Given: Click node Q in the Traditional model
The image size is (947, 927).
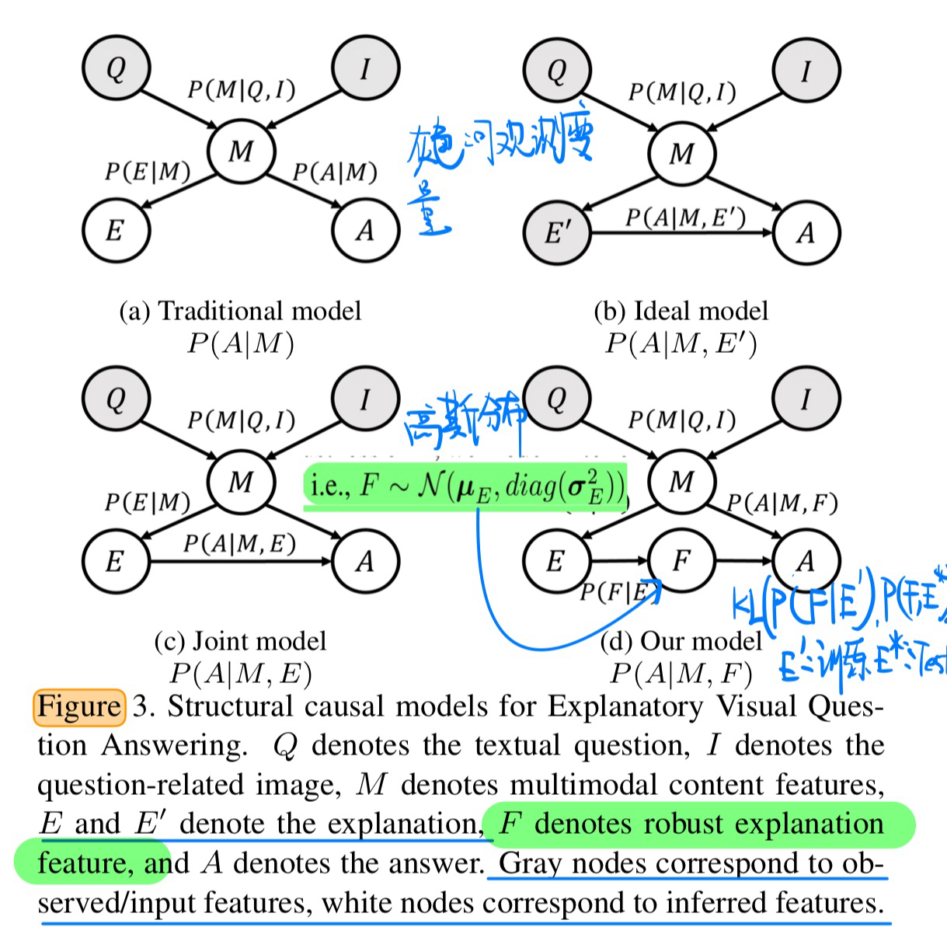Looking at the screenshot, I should point(116,68).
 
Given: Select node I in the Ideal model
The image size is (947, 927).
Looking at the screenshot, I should point(806,71).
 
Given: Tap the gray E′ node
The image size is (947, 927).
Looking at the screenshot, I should point(556,232).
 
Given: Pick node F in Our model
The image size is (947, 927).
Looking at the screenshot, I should point(681,560).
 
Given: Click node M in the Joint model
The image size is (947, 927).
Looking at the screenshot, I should point(241,482).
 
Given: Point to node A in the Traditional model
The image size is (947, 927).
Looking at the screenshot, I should point(364,230).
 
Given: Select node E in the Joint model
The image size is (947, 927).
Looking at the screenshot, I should point(115,560).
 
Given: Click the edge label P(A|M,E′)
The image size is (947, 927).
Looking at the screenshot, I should point(685,218).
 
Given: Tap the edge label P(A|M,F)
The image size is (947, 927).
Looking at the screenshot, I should point(782,504).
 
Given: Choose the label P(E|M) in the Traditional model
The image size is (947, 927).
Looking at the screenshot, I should point(148,172).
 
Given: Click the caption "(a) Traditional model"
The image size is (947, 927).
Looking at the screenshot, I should point(240,311).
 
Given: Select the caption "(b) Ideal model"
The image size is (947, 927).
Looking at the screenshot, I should point(681,311).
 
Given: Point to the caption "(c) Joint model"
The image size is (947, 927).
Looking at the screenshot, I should point(240,641).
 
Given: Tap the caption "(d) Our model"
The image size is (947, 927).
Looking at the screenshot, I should point(681,641).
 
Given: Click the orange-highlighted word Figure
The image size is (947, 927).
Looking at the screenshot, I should point(79,706).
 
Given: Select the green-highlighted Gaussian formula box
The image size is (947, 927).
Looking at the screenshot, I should point(465,486).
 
